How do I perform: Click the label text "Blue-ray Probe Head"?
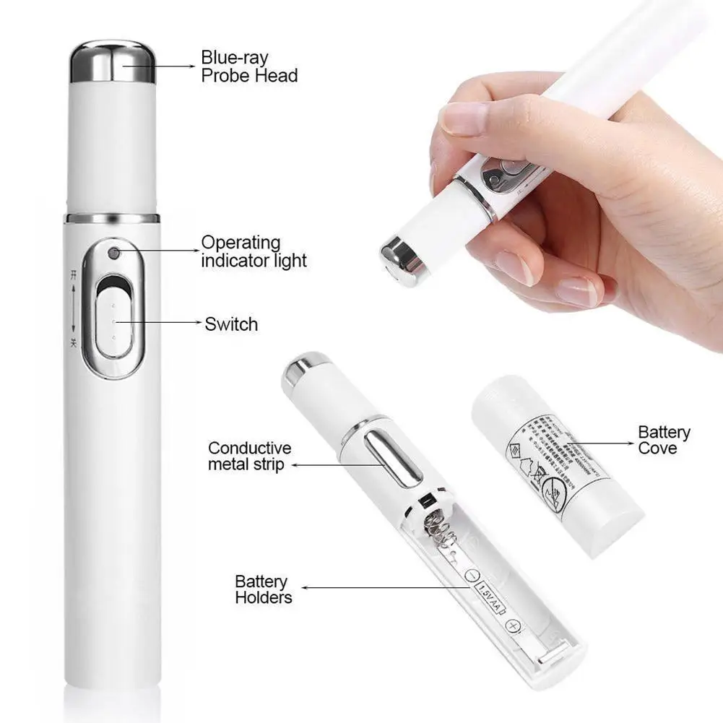tap(248, 66)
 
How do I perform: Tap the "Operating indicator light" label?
tap(254, 251)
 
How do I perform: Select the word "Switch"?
tap(230, 324)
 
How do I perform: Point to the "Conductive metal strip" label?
tap(249, 456)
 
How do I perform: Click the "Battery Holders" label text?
tap(263, 589)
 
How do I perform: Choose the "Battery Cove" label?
tap(663, 440)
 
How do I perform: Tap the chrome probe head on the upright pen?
tap(113, 61)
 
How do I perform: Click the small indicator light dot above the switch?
tap(113, 254)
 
